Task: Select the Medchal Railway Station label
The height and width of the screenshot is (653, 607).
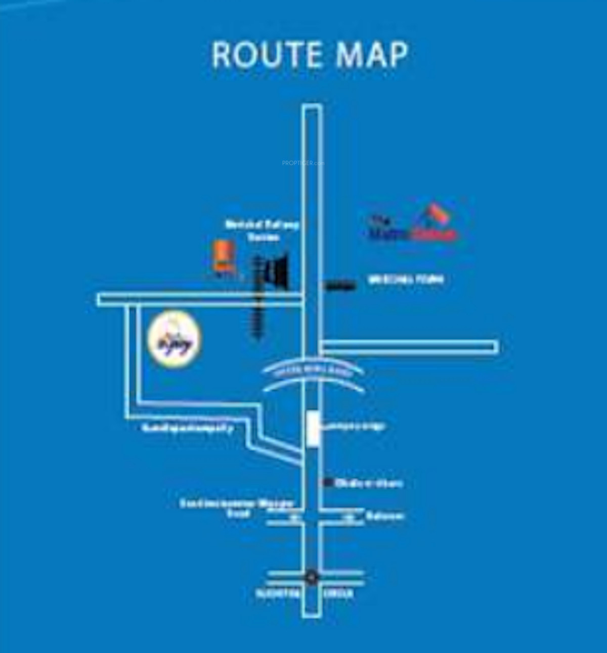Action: (263, 231)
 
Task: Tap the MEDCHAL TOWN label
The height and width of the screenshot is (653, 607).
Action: (406, 279)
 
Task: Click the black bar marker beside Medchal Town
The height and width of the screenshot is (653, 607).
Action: (339, 287)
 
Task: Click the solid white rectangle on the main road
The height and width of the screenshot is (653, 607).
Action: (314, 429)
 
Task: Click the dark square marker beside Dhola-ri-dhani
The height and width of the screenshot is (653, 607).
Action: (328, 482)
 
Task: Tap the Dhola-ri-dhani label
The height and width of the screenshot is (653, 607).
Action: (369, 483)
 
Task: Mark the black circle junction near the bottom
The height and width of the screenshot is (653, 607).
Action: (312, 577)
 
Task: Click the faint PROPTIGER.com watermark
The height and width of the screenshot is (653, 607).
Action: (303, 163)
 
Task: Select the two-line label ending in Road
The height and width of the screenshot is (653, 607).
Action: (237, 508)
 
